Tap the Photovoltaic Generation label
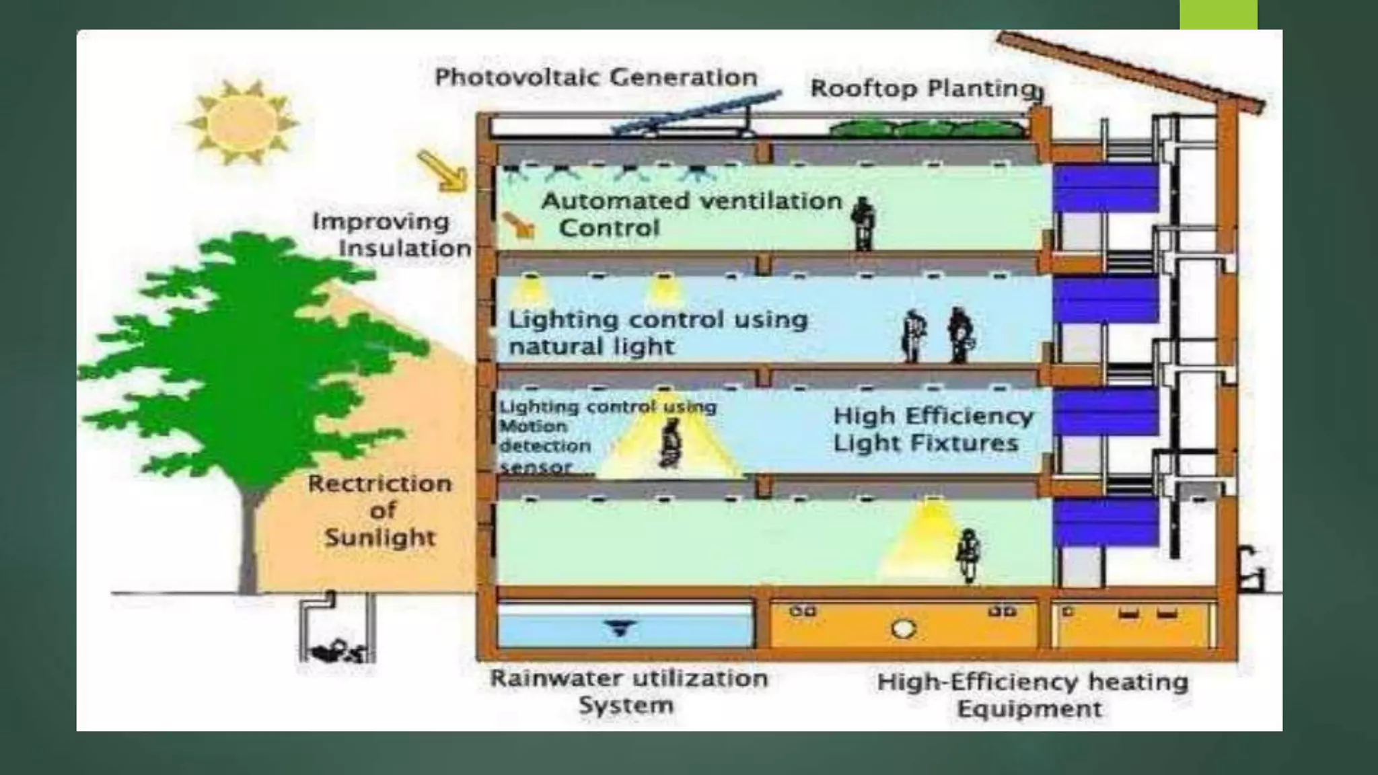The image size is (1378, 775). tap(596, 77)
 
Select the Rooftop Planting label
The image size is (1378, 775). tap(922, 88)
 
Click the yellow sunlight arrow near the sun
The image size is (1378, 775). tap(443, 171)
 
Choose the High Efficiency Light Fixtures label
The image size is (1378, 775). tap(933, 429)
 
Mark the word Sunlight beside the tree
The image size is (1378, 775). tap(380, 538)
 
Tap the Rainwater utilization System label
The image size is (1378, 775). tap(628, 692)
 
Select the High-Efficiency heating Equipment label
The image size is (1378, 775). tap(1032, 695)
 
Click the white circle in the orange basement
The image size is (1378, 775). tap(903, 629)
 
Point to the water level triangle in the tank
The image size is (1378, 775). tap(620, 628)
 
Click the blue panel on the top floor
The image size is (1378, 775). tap(1105, 188)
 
